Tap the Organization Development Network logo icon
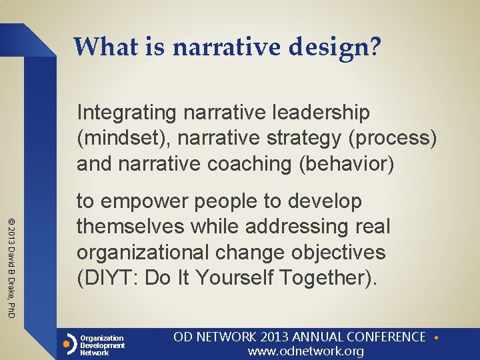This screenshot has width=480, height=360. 68,345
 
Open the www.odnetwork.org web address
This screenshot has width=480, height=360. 306,351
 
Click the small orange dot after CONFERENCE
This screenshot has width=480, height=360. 435,338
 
